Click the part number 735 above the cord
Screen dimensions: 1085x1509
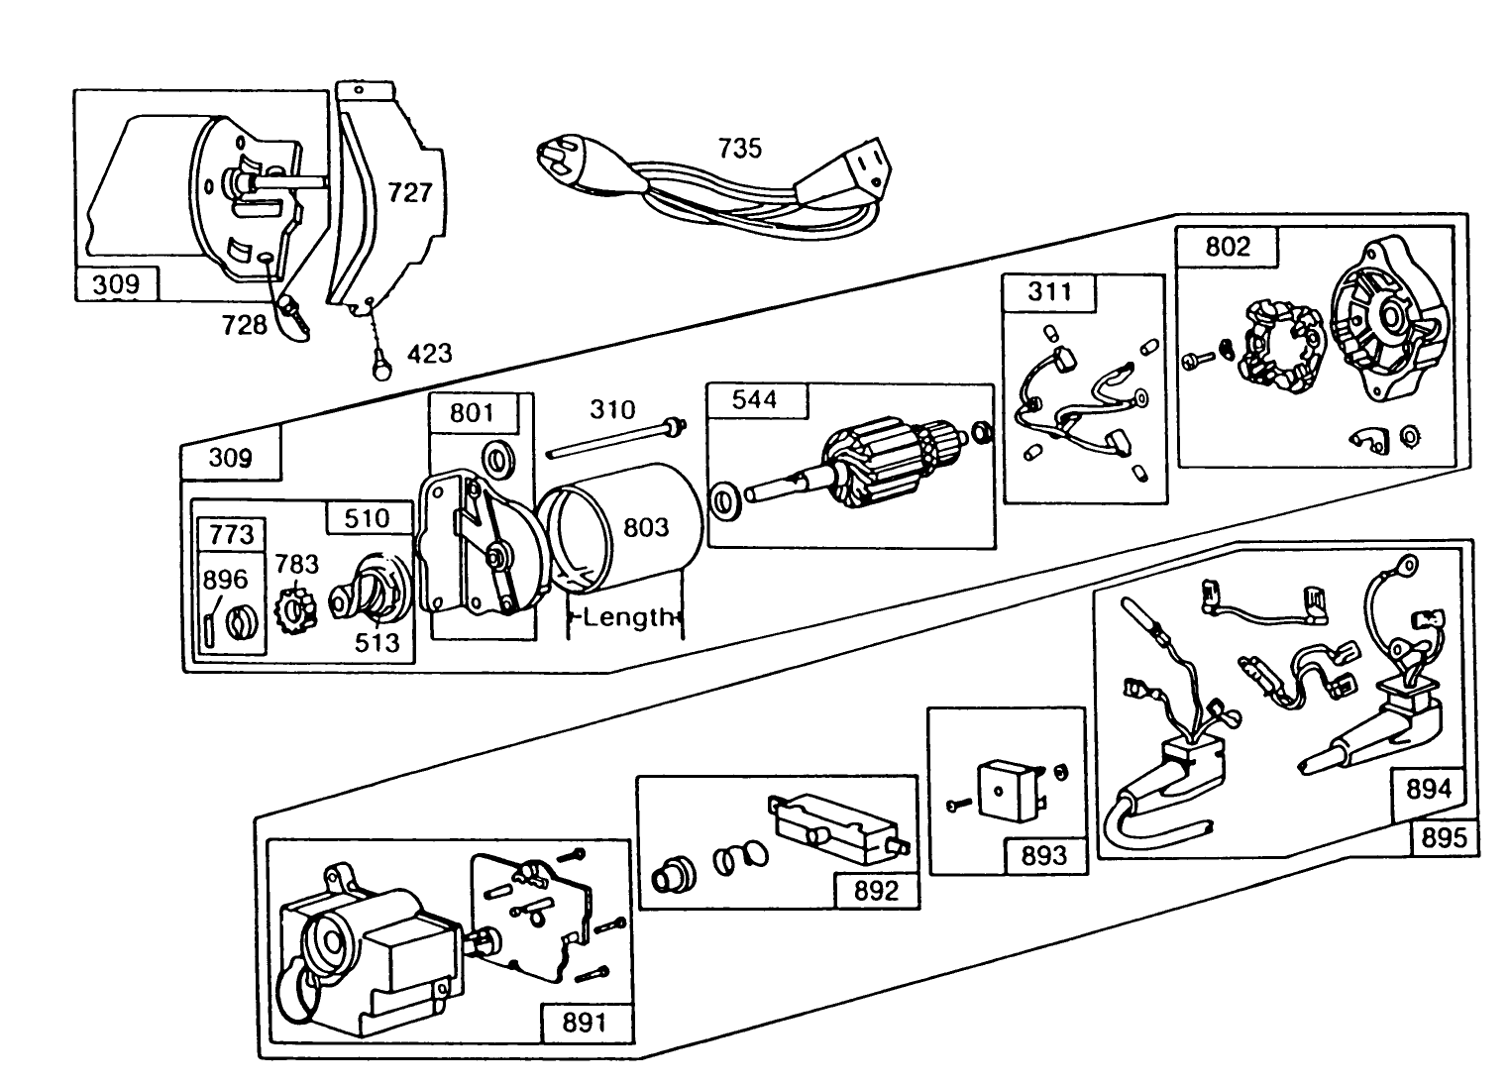[739, 149]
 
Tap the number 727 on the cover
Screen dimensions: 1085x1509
[409, 191]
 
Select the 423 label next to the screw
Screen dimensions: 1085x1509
[429, 353]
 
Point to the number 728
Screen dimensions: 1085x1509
[244, 324]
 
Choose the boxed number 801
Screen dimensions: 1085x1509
[472, 411]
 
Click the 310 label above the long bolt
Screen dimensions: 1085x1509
[612, 409]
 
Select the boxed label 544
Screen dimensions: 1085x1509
[755, 399]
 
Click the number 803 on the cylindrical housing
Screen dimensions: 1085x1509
[646, 527]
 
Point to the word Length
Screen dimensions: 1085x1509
[628, 618]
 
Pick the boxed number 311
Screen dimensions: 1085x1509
[1049, 291]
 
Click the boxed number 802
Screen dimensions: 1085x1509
[1228, 247]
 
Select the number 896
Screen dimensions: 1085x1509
[226, 580]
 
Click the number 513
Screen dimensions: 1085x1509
[377, 642]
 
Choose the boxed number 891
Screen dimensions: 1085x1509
[585, 1023]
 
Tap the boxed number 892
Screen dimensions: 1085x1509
[876, 891]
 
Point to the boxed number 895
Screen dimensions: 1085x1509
[1444, 837]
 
